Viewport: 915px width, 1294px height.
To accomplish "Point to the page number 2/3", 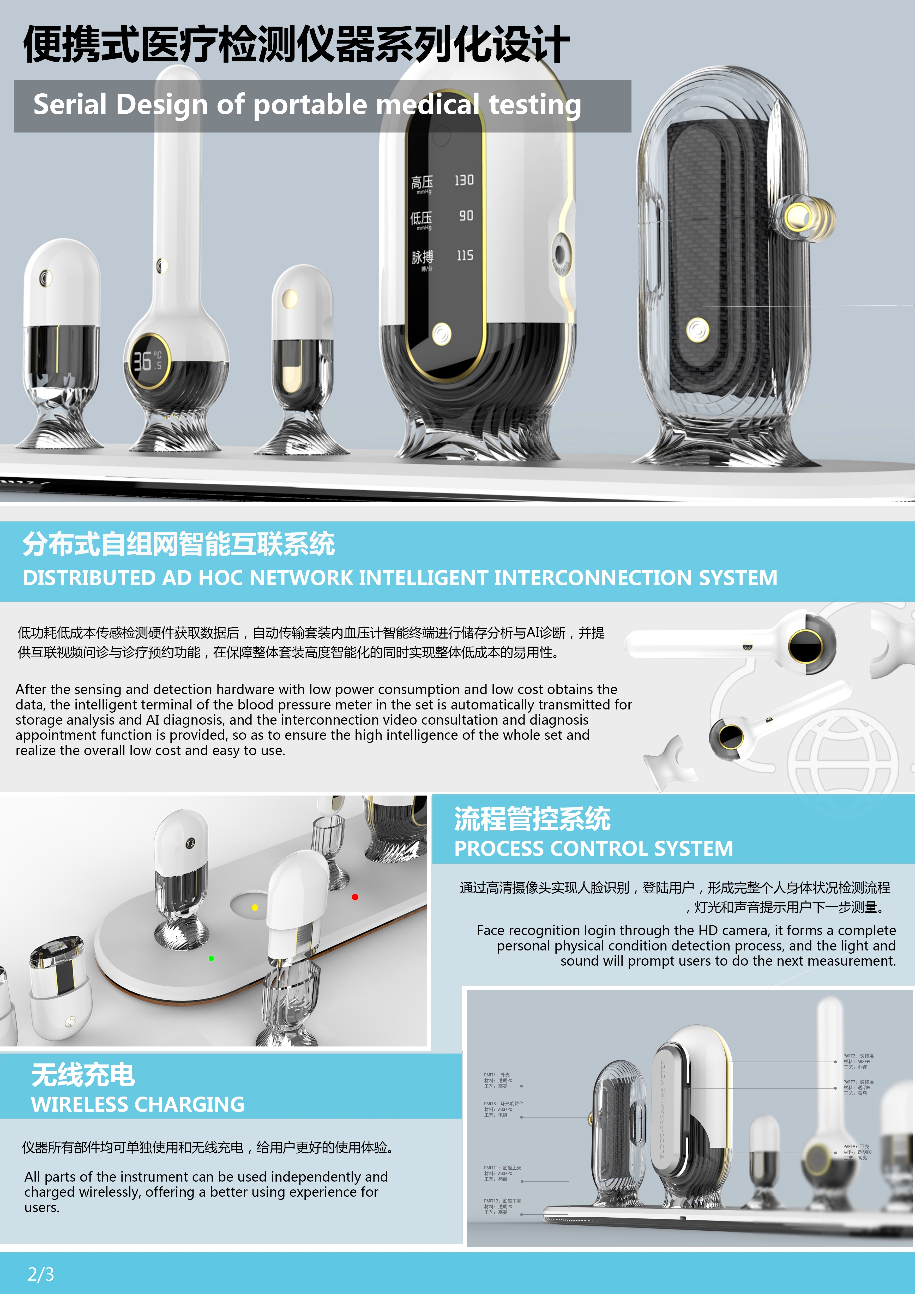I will pyautogui.click(x=41, y=1274).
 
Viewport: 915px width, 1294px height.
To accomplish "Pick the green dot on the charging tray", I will pyautogui.click(x=211, y=958).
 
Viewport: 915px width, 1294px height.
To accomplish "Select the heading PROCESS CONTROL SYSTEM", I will pyautogui.click(x=593, y=848).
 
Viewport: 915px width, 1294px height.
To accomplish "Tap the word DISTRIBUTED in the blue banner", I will pyautogui.click(x=89, y=578).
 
